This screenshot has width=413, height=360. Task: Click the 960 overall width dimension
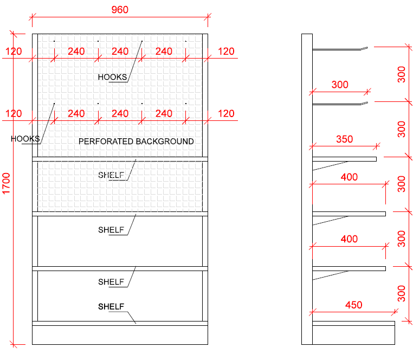[x=119, y=10]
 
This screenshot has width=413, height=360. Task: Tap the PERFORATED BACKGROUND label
[x=136, y=142]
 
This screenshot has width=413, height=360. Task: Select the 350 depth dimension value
[x=344, y=139]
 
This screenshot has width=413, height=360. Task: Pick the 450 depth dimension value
[x=353, y=305]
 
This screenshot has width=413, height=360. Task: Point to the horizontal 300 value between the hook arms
[x=340, y=85]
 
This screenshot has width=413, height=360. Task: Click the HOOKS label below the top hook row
[x=112, y=77]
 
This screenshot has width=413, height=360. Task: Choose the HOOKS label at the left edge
[x=25, y=139]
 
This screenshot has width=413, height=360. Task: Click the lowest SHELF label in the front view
[x=111, y=307]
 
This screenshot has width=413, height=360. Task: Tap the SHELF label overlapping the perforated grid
[x=111, y=175]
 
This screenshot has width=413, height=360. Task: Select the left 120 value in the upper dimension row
[x=14, y=52]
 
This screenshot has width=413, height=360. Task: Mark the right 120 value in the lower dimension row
[x=226, y=113]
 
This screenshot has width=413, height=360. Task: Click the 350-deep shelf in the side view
[x=344, y=159]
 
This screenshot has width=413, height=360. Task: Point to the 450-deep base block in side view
[x=353, y=332]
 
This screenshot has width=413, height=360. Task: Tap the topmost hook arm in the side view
[x=340, y=50]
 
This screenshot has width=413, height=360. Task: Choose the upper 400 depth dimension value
[x=349, y=177]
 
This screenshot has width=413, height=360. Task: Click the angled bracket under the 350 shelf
[x=331, y=165]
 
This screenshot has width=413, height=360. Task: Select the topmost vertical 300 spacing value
[x=401, y=74]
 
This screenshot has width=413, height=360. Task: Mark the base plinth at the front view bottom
[x=120, y=335]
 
